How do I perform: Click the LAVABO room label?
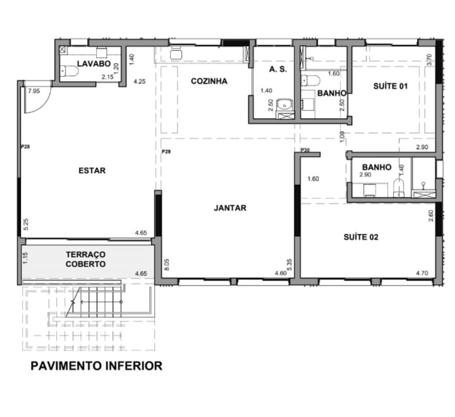point(94,64)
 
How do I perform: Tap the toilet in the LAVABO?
point(69,71)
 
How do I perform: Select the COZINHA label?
point(209,82)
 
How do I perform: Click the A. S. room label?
point(278,69)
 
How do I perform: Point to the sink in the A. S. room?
point(284,104)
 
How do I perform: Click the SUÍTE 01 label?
point(391,86)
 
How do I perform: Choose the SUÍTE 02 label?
point(361,237)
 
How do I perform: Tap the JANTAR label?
point(230,208)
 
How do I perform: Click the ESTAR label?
point(92,171)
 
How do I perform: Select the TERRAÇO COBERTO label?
point(85,260)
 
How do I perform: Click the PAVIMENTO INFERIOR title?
point(96,366)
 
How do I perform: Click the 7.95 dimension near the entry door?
point(34,91)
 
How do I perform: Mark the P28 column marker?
point(25,147)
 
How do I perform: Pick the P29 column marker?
point(166,152)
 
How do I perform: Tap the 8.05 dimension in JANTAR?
point(167,264)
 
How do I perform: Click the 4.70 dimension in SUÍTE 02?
point(422,273)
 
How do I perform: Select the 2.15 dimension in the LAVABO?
point(107,77)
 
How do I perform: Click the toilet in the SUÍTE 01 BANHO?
point(310,80)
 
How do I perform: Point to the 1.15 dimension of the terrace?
point(25,258)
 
